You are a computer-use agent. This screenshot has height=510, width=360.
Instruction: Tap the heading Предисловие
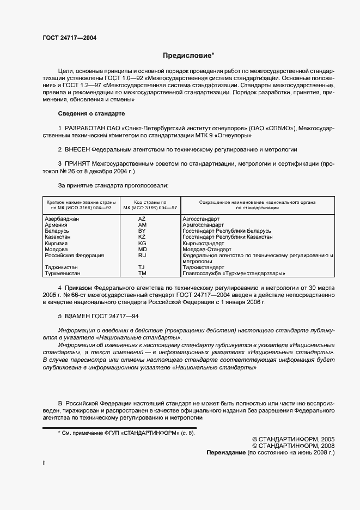point(188,56)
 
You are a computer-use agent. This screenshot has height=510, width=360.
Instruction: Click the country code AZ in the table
point(142,218)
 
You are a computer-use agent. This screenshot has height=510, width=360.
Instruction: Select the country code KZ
point(142,237)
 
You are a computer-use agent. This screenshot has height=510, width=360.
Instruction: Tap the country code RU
point(142,255)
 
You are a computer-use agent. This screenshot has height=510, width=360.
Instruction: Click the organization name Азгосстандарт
point(201,218)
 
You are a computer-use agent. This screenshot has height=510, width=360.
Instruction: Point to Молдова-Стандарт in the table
point(207,249)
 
